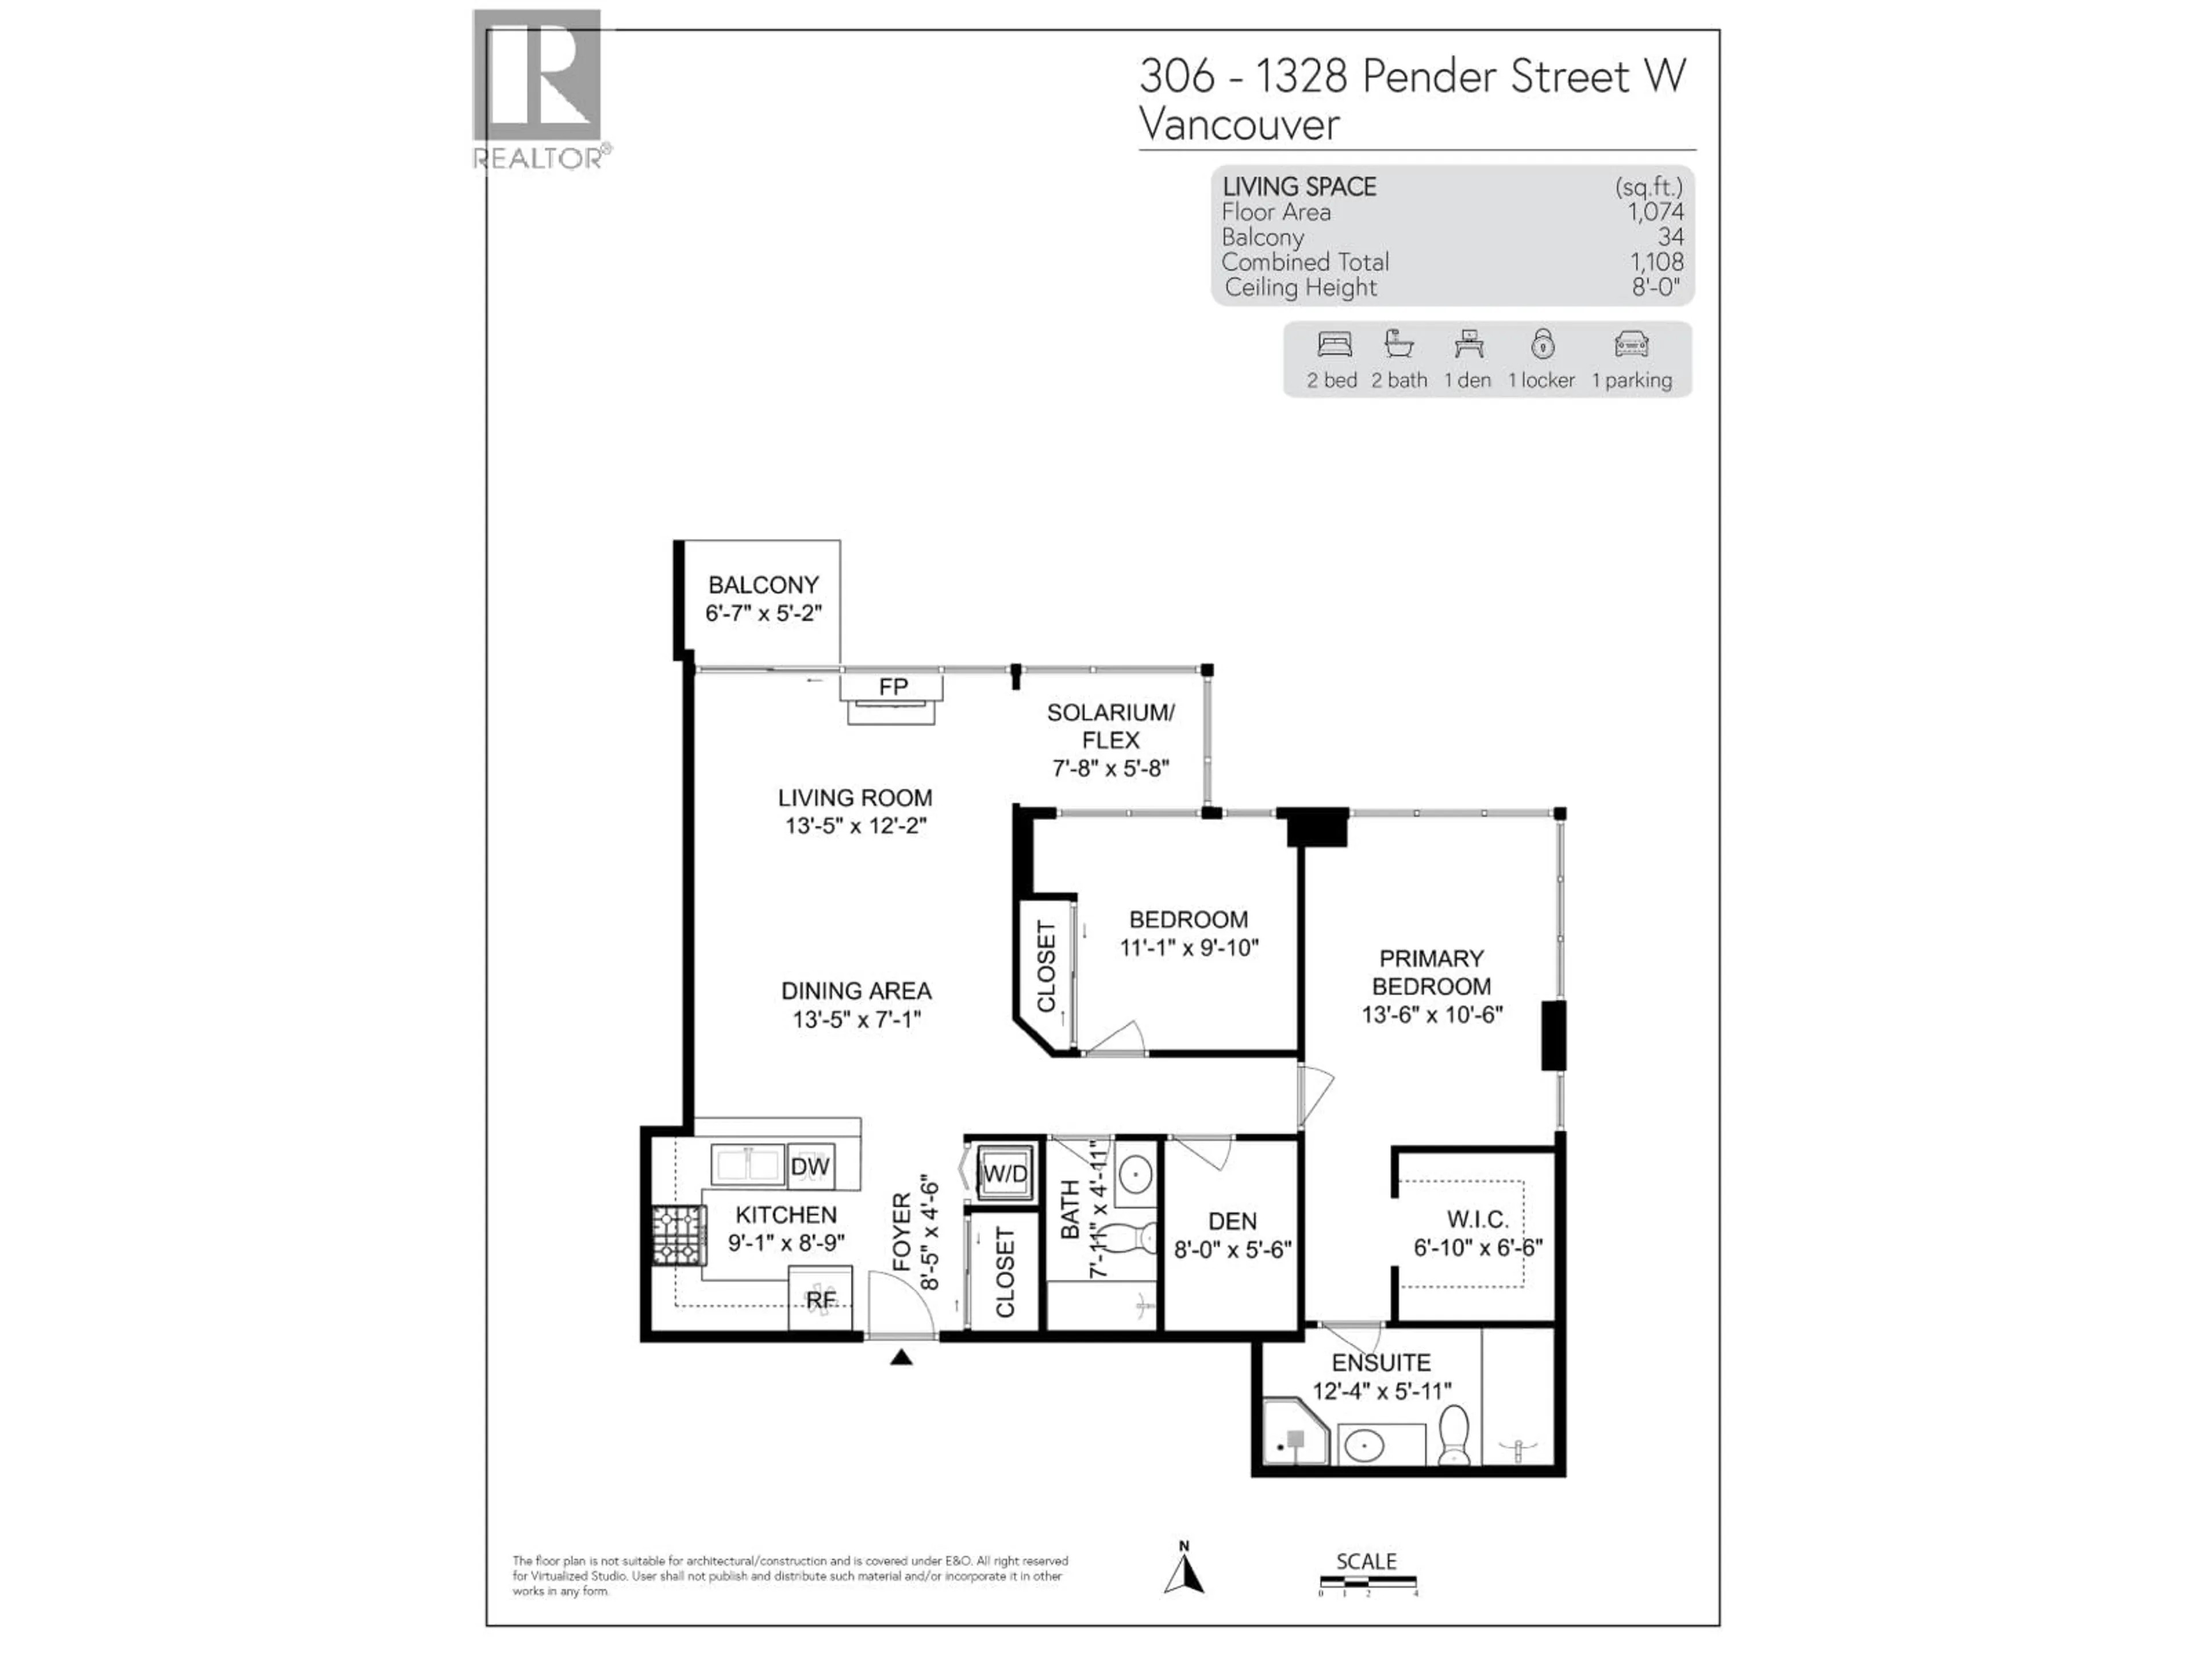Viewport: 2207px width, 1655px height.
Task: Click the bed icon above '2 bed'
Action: click(x=1334, y=345)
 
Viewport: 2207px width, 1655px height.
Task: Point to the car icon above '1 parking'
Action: click(x=1631, y=345)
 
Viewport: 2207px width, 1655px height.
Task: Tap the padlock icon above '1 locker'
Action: click(x=1543, y=344)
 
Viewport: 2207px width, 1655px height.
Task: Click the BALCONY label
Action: click(x=763, y=584)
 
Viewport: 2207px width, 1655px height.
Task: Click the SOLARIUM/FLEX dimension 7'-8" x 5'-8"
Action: click(x=1110, y=768)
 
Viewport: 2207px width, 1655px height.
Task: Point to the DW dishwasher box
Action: click(x=810, y=1166)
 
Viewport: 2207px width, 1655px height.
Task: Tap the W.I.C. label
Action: click(x=1478, y=1219)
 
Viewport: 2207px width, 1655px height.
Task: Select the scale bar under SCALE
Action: click(x=1367, y=1581)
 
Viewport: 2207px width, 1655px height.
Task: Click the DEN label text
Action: click(x=1232, y=1221)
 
